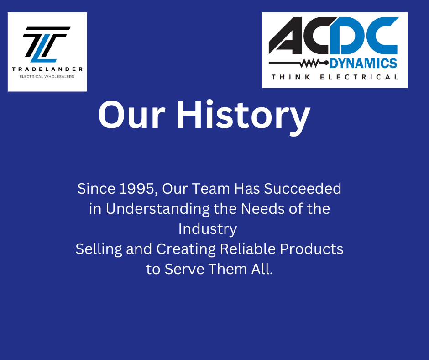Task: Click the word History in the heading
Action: (x=244, y=116)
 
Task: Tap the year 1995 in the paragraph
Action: (x=136, y=189)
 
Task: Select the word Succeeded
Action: (x=302, y=189)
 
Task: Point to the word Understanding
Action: (x=157, y=209)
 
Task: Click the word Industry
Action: (x=208, y=229)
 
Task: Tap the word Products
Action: (x=312, y=249)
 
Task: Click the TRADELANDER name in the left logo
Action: (x=47, y=69)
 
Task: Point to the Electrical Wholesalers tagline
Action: (x=47, y=77)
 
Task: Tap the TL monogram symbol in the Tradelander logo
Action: (x=47, y=44)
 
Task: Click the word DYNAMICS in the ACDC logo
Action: (x=363, y=64)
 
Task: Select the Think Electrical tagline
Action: (x=335, y=77)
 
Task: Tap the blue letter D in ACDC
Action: (x=347, y=36)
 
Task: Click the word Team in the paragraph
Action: (x=211, y=189)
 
